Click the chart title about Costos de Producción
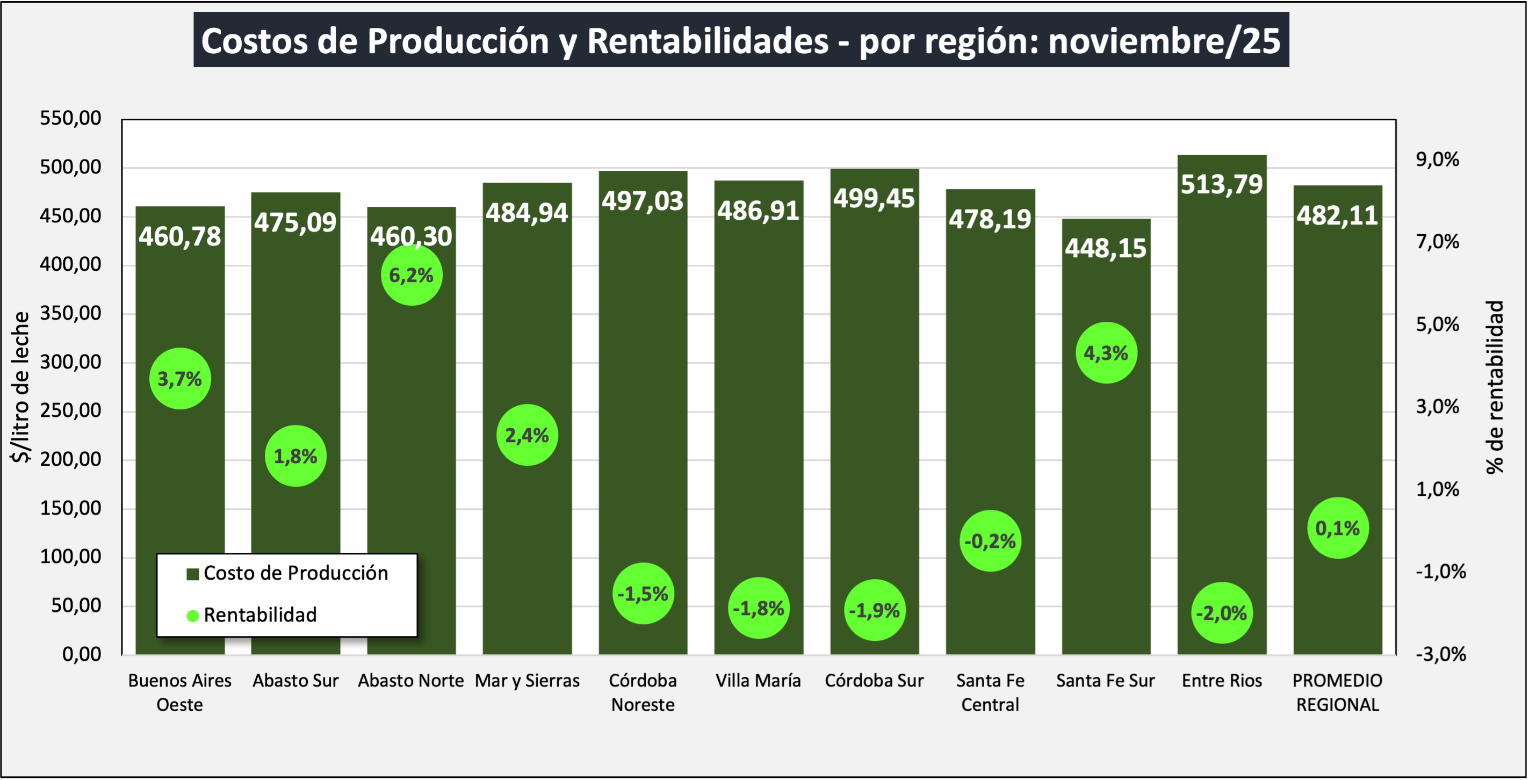tap(741, 40)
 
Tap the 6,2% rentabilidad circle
tap(412, 275)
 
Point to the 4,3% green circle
tap(1106, 353)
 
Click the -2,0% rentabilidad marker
tap(1222, 612)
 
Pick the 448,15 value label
tap(1106, 248)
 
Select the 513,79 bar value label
tap(1222, 184)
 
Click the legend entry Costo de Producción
tap(287, 573)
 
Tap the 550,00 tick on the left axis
tap(70, 118)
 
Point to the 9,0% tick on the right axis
tap(1437, 159)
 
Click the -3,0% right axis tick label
tap(1440, 654)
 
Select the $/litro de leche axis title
tap(20, 387)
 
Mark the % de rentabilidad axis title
tap(1495, 387)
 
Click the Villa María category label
tap(758, 680)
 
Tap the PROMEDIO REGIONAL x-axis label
tap(1337, 692)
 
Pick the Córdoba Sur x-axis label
tap(874, 680)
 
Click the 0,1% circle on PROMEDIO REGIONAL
tap(1337, 528)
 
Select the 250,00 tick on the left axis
tap(70, 410)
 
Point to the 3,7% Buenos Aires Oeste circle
tap(180, 379)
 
